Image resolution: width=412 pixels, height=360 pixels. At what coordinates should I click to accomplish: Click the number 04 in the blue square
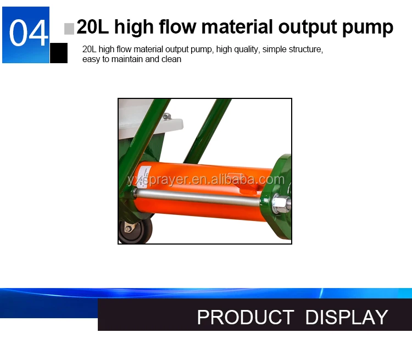pos(29,33)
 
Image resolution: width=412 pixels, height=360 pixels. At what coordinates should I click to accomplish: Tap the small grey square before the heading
pos(69,29)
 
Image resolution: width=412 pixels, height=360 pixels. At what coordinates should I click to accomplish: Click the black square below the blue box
pos(59,53)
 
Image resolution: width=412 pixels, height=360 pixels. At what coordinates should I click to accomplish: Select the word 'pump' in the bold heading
pos(368,27)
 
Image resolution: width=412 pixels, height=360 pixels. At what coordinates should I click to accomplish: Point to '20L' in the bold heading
pos(93,26)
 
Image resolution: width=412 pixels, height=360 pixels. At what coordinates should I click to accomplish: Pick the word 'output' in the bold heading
pos(308,27)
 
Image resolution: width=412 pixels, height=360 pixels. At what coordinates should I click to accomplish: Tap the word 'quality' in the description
pos(246,49)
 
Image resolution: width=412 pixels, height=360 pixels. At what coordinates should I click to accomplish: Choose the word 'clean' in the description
pos(171,59)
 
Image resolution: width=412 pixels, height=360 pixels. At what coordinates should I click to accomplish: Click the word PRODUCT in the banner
pos(246,317)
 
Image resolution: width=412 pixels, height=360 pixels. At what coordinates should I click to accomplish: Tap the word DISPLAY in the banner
pos(347,317)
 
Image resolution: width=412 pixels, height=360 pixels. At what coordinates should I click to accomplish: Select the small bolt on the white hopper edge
pos(166,116)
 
